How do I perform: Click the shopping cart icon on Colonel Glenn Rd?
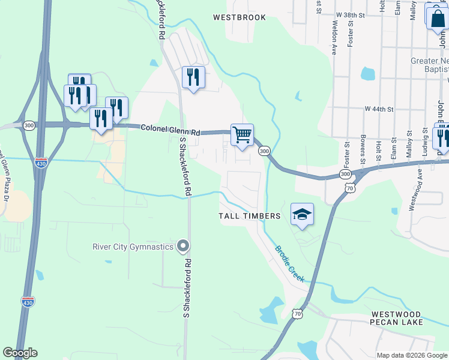point(242,135)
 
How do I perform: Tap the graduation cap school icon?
point(302,214)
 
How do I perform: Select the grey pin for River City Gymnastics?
point(184,246)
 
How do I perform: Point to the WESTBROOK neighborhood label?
point(239,17)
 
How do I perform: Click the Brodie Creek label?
point(289,264)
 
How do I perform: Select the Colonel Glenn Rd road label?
point(170,128)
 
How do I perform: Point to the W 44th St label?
point(379,109)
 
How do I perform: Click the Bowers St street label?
point(363,154)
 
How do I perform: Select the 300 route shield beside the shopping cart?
point(264,151)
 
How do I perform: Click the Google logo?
point(20,353)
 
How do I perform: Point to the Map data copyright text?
point(411,355)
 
